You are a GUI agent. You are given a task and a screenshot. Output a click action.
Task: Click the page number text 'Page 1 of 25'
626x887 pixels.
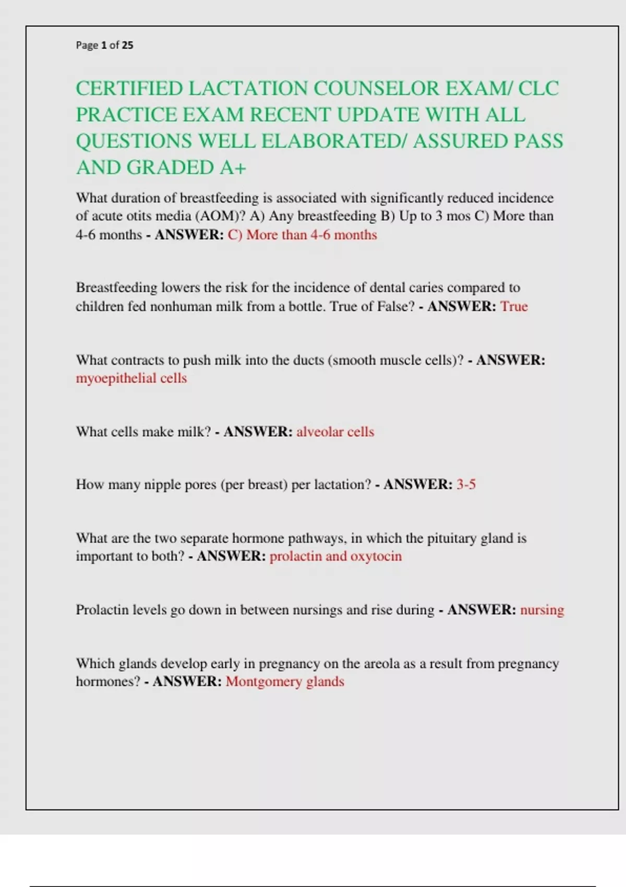pos(104,45)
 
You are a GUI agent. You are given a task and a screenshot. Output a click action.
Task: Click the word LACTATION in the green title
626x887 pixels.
pos(247,89)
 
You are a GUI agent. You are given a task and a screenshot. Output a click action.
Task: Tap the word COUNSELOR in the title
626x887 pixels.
pos(377,89)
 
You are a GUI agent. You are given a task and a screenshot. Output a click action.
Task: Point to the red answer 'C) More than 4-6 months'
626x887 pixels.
pos(302,235)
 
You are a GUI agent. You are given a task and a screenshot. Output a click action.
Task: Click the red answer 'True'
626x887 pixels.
pos(514,306)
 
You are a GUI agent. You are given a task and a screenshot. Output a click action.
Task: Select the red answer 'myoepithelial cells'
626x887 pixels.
pos(131,378)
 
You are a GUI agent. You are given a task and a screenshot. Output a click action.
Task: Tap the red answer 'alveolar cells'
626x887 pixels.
pos(335,432)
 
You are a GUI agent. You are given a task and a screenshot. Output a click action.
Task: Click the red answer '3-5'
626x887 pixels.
pos(466,485)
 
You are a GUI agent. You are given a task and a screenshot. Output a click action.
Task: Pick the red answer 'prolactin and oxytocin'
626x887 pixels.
pos(335,556)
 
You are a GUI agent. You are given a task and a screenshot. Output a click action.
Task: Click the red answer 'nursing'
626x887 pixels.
pos(542,610)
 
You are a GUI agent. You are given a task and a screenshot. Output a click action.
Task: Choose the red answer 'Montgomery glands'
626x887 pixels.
pos(285,681)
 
